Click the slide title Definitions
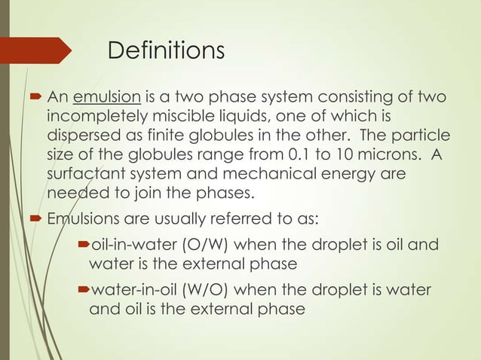click(166, 51)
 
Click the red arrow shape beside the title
click(38, 51)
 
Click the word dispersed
click(84, 136)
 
